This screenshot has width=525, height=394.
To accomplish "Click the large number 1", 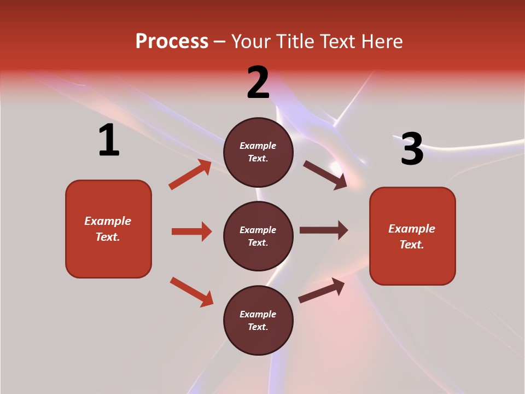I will (109, 141).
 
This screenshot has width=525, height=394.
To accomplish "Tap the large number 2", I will (258, 83).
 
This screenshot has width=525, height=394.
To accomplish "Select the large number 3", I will (412, 149).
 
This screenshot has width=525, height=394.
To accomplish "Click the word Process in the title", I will (172, 41).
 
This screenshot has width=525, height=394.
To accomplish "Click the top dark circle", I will (258, 152).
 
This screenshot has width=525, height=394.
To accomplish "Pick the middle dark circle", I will (258, 236).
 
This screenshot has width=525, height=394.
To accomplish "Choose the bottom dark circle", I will (258, 320).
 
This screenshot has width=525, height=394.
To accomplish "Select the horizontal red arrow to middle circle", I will (191, 231).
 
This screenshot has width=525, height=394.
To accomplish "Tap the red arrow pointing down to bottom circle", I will (191, 292).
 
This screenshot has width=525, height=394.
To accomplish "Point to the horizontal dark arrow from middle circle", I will (324, 230).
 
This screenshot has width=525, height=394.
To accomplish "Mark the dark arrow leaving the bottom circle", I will (322, 290).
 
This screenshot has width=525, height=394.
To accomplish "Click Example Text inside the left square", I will (108, 229).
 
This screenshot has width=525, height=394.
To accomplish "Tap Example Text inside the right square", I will (412, 236).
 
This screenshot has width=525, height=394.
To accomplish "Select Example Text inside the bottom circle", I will (258, 320).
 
